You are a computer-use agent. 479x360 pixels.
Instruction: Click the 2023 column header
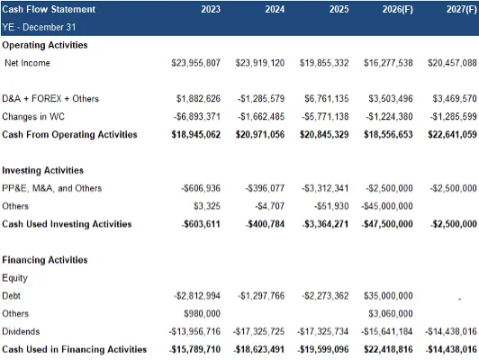point(211,9)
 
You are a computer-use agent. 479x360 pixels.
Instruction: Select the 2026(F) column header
point(397,9)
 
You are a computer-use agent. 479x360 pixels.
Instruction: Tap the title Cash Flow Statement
point(49,9)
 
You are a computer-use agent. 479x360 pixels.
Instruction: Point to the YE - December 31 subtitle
point(39,27)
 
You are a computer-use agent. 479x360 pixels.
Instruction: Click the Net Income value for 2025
point(324,63)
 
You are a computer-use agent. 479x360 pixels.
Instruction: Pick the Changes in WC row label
point(33,117)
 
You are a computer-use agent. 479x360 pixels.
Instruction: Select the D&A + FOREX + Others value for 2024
point(261,99)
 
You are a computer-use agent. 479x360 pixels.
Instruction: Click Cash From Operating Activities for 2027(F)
point(452,135)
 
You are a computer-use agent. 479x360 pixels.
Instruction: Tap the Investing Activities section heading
point(43,170)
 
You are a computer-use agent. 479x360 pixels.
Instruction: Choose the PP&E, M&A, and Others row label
point(51,188)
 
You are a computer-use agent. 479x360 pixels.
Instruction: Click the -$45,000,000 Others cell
point(387,206)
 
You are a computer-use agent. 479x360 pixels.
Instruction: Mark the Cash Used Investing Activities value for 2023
point(201,224)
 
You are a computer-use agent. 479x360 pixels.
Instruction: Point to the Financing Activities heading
point(45,260)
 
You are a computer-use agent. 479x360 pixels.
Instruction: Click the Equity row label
point(14,278)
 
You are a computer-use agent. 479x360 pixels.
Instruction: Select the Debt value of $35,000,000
point(388,296)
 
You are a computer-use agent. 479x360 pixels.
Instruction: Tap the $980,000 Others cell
point(202,313)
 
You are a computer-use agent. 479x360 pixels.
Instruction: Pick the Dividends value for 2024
point(258,331)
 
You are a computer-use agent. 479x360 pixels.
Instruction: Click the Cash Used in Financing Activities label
point(74,349)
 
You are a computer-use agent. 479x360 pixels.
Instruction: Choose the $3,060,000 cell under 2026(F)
point(391,313)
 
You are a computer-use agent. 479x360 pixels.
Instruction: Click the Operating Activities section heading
point(45,45)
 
